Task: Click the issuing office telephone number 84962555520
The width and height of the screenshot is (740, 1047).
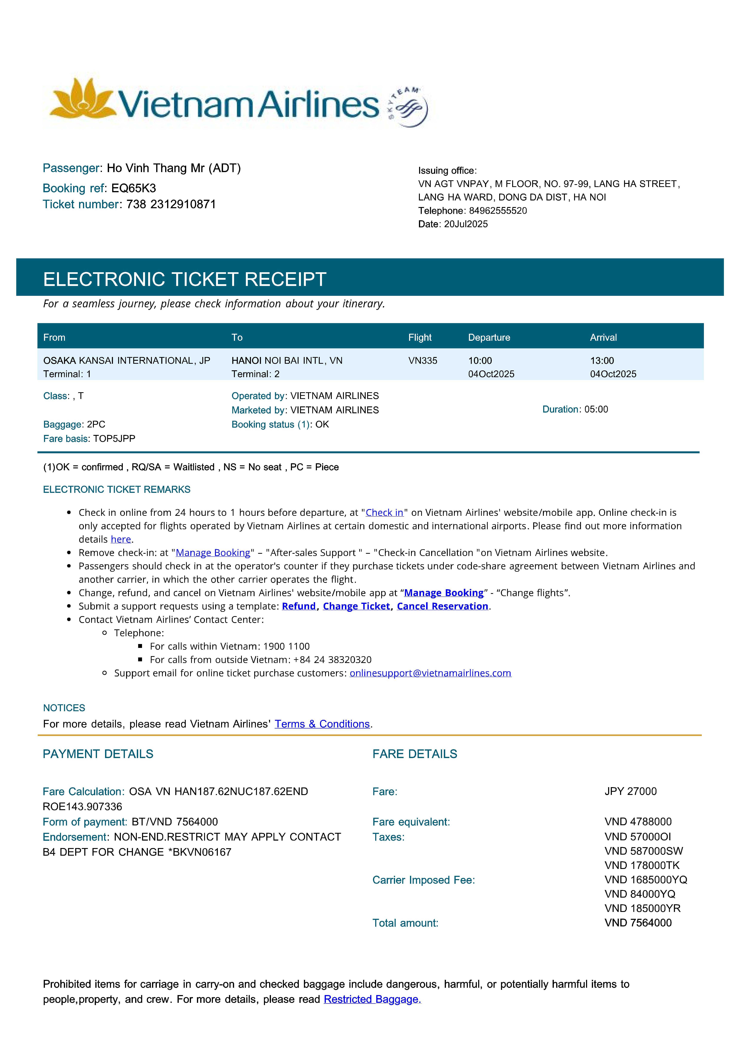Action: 498,211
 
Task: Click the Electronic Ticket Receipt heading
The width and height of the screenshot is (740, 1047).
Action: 185,279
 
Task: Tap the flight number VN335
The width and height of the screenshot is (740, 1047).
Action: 423,361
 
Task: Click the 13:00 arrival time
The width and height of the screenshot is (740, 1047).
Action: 602,361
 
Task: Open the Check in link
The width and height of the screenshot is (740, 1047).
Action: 384,513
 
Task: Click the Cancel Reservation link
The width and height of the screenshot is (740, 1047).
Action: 442,606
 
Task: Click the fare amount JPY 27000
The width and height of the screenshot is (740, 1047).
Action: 631,791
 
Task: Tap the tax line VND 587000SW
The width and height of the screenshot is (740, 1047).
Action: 644,851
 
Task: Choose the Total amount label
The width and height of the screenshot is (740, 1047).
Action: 405,923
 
